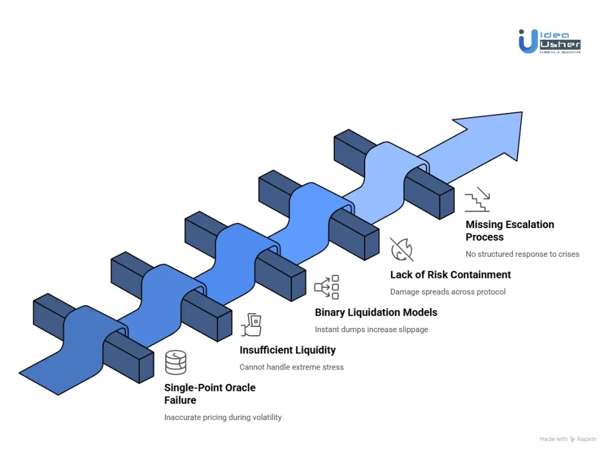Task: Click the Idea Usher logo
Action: [x=548, y=41]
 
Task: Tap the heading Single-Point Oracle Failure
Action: [x=209, y=394]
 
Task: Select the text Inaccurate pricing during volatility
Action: [x=222, y=417]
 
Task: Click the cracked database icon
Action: [x=175, y=362]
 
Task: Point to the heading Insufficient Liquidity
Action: [x=287, y=350]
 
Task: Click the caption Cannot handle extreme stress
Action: [x=291, y=367]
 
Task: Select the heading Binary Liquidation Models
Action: [x=376, y=312]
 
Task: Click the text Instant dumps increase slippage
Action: [x=371, y=329]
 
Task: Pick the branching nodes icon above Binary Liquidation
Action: [x=327, y=287]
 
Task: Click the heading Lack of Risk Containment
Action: [x=450, y=275]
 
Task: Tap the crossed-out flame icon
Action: [x=401, y=249]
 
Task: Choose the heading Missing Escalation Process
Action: [x=510, y=231]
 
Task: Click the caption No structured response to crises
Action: [x=522, y=254]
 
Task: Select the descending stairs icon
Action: [x=477, y=199]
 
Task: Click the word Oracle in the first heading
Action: [x=236, y=387]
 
